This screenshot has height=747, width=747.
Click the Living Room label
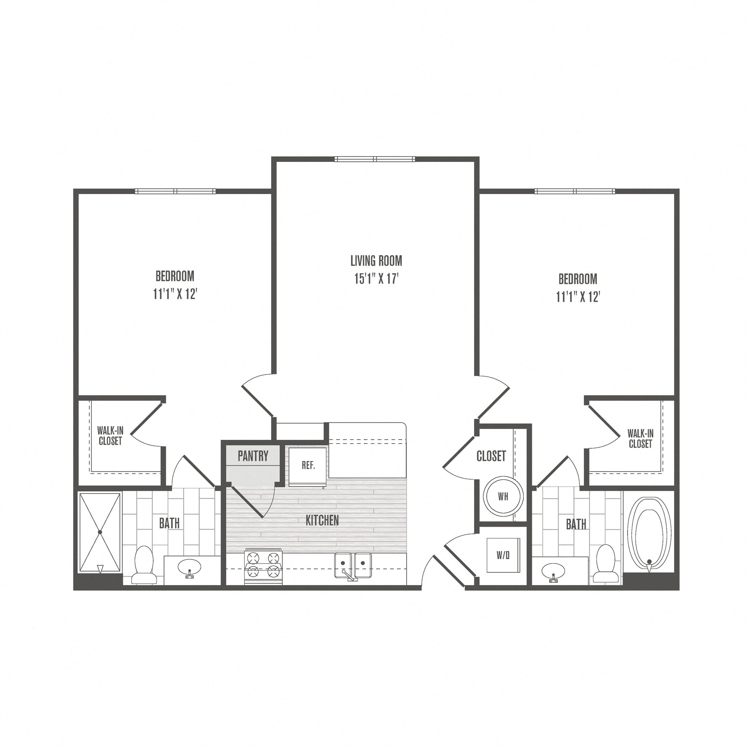click(x=376, y=261)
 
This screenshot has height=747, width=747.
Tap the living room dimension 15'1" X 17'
click(x=376, y=279)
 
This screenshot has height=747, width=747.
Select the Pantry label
click(x=253, y=456)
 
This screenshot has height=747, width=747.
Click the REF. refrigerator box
click(x=308, y=466)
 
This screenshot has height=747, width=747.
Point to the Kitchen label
click(x=322, y=521)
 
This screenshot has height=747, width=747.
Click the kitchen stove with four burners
click(x=263, y=566)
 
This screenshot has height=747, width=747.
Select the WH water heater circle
click(x=503, y=496)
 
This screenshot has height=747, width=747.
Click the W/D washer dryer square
click(x=503, y=555)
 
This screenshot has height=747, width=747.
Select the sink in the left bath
click(x=189, y=568)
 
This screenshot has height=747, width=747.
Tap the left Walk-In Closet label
click(x=110, y=436)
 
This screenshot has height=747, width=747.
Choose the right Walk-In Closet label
click(x=640, y=439)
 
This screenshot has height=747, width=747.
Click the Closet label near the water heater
click(x=491, y=456)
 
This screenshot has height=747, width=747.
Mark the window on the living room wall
click(x=375, y=159)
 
